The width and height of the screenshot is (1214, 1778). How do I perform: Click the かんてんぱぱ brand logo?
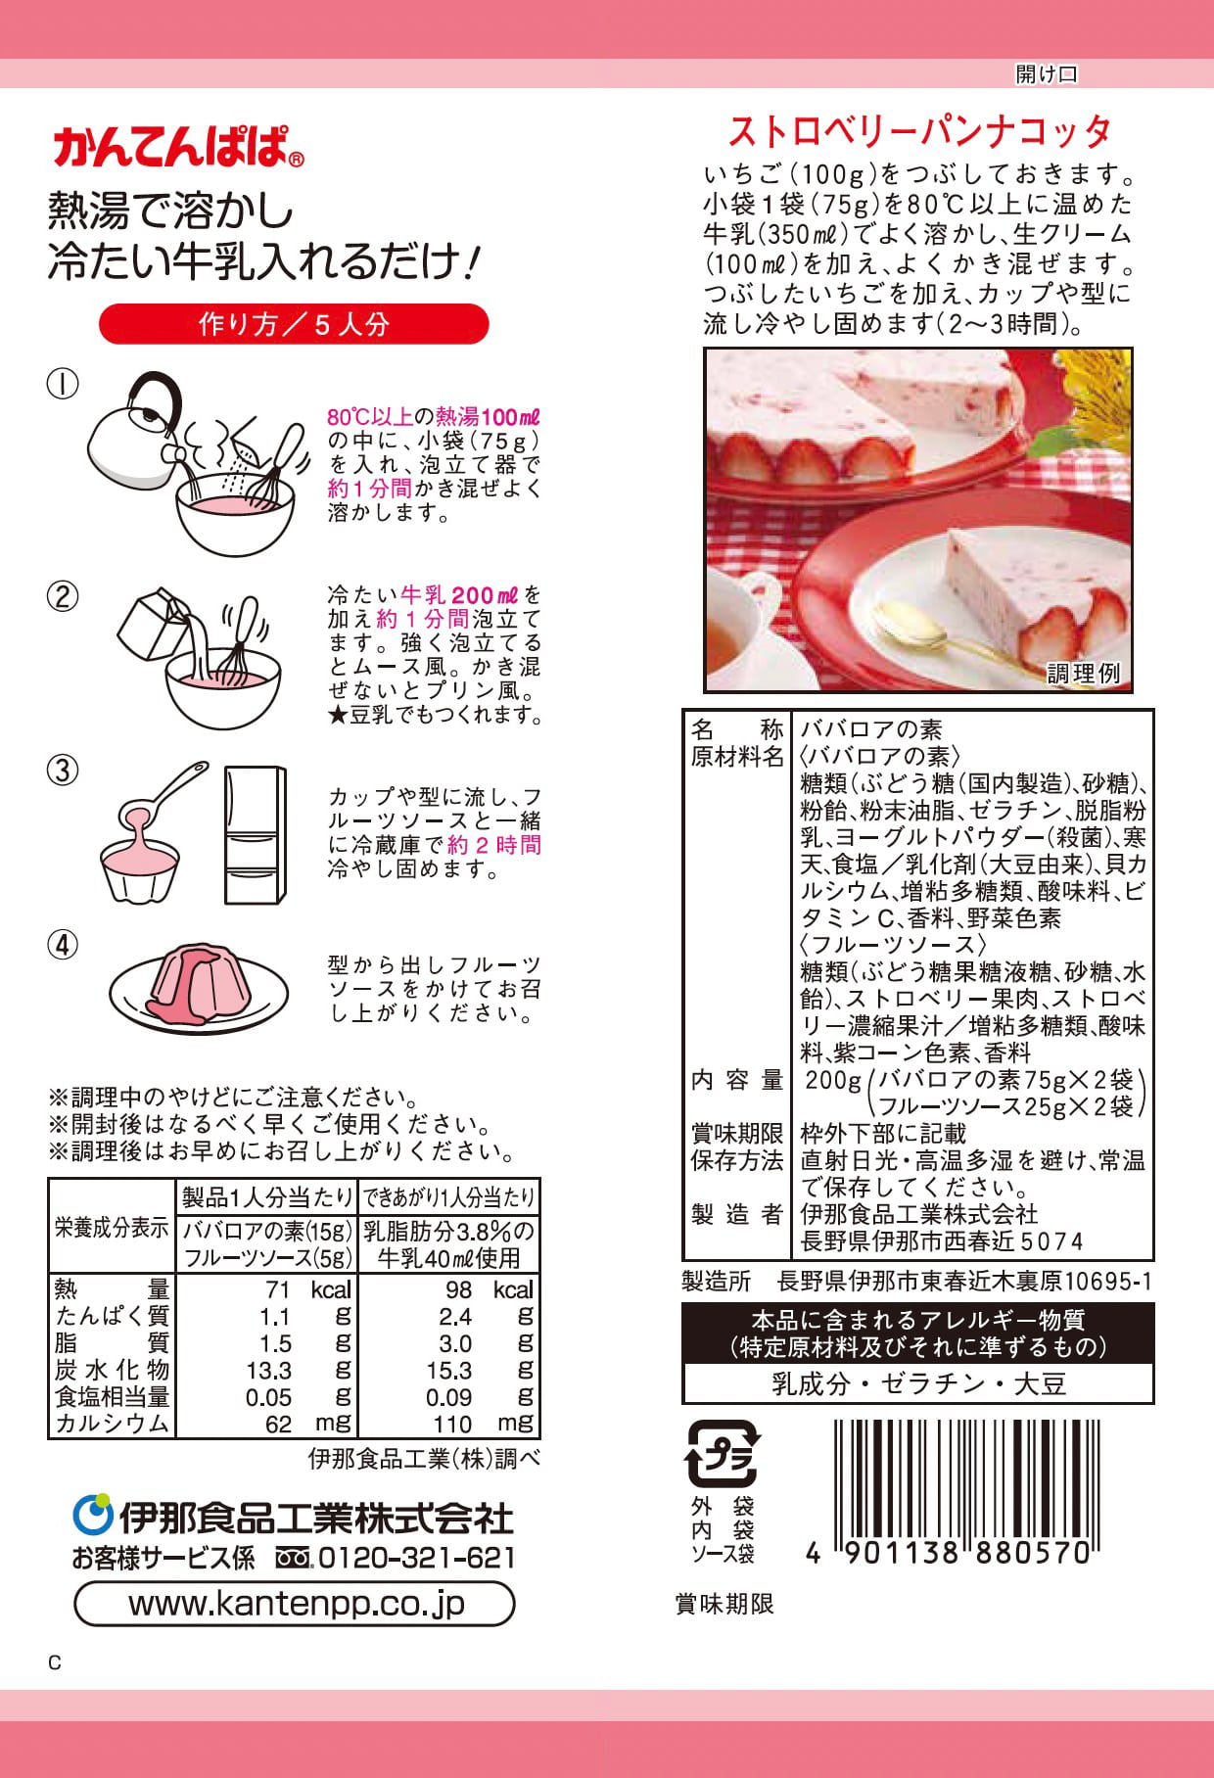(178, 147)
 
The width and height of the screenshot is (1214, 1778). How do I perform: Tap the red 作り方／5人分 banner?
(294, 324)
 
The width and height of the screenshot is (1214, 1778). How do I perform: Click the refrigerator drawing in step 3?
(256, 834)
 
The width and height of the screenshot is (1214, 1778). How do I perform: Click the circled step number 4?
(63, 946)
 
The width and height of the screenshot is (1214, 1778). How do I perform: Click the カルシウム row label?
(112, 1424)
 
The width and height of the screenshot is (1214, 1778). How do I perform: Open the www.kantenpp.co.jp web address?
(296, 1605)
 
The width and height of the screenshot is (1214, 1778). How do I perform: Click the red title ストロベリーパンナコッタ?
(919, 131)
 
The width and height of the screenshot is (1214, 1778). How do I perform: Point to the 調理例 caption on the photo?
(1083, 673)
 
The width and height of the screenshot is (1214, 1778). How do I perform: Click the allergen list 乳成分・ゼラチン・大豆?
(918, 1384)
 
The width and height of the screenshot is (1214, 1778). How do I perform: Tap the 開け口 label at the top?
(1046, 73)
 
